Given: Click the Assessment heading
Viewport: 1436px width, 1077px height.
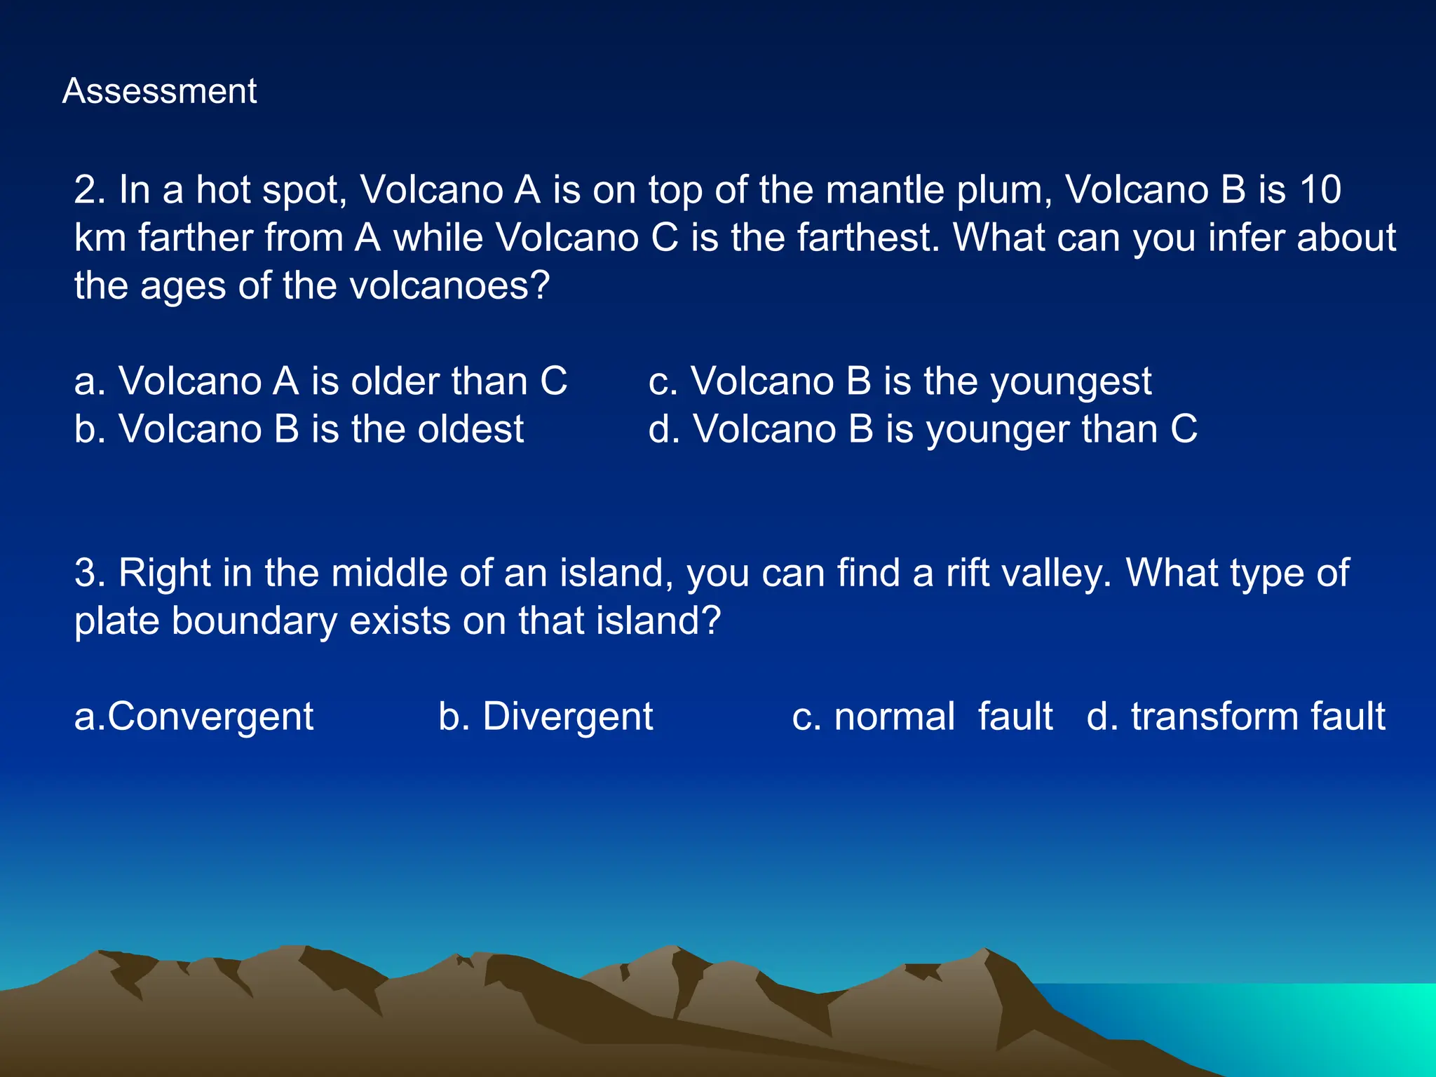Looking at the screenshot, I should pos(159,91).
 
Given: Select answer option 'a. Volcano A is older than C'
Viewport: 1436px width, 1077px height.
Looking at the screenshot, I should pos(320,381).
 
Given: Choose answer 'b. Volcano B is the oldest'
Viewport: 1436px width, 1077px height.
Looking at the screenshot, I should pos(299,429).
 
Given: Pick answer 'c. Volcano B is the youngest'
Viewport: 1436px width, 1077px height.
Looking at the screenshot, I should pos(900,381).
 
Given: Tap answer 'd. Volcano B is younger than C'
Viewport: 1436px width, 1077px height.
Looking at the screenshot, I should pos(923,429).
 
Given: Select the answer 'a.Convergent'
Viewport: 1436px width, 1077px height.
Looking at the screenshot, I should pos(194,717).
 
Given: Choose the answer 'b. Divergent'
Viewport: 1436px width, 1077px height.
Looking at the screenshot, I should pos(546,717).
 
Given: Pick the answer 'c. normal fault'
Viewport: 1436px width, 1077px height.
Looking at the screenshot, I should pos(922,717).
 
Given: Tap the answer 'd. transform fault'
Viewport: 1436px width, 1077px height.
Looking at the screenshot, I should pos(1235,717).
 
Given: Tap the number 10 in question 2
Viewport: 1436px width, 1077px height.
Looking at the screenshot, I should pos(1320,190).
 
